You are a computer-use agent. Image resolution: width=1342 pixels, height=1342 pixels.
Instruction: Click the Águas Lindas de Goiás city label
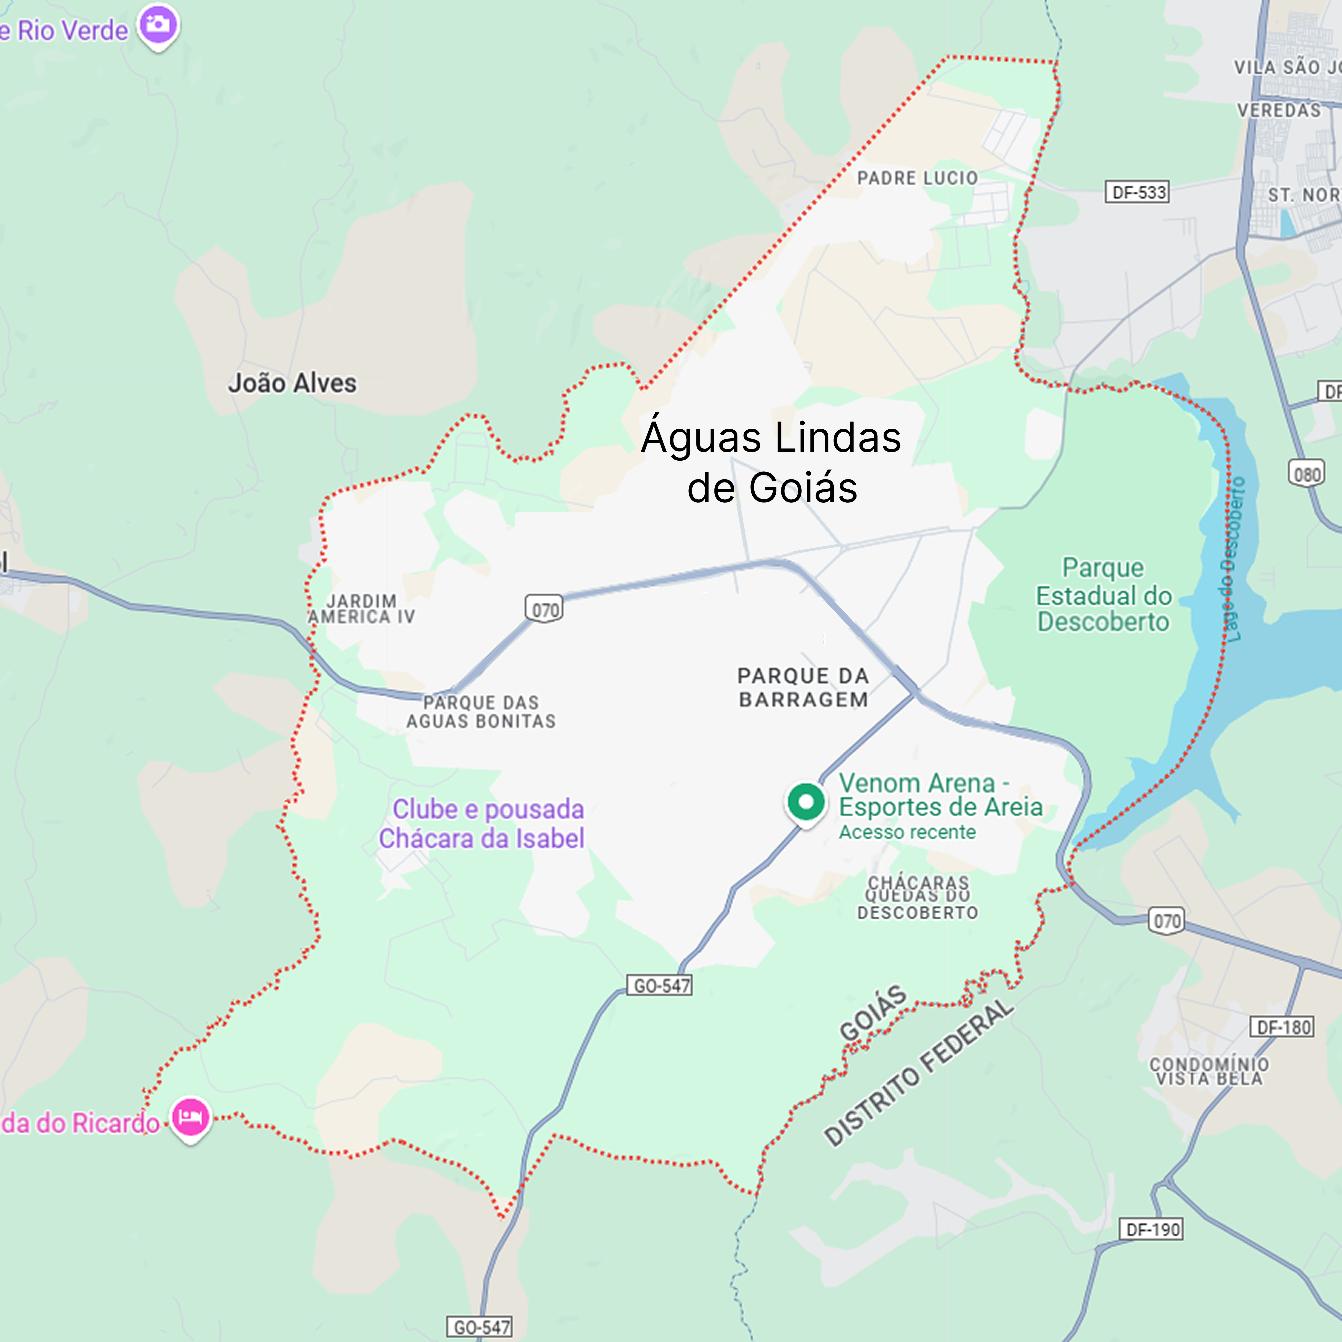pos(771,462)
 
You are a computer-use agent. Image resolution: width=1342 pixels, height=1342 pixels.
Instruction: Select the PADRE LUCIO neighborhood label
pos(917,179)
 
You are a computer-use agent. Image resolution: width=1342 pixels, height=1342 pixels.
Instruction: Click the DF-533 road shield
pos(1137,192)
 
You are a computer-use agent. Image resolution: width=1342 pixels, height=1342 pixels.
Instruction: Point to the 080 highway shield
pos(1307,474)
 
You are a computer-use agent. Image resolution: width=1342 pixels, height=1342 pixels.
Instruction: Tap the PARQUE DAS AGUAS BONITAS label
pos(481,712)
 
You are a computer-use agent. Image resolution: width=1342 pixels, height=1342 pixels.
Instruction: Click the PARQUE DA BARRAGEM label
pos(803,688)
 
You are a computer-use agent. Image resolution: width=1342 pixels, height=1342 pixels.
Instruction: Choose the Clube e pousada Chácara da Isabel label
pos(481,824)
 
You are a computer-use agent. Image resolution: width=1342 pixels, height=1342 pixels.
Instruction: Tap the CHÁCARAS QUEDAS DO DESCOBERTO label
pos(918,897)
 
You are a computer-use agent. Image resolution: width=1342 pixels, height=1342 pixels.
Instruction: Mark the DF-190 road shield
pos(1151,1229)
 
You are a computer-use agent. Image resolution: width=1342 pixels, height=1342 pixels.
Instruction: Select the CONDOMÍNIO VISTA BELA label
pos(1209,1071)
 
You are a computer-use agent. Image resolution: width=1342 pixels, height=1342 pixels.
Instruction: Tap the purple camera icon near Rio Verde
pos(158,25)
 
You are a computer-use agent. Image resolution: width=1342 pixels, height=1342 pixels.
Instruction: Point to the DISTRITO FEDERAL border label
pos(918,1073)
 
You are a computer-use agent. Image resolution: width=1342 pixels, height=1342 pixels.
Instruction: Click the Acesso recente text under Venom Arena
pos(907,832)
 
